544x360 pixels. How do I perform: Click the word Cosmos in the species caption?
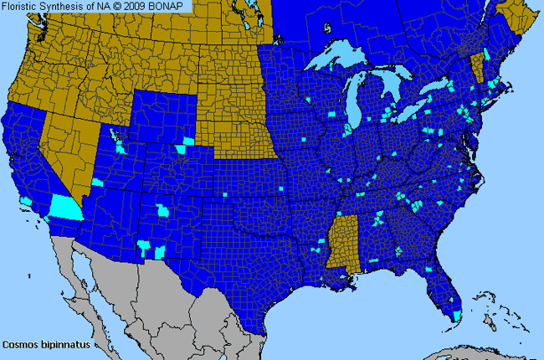click(19, 343)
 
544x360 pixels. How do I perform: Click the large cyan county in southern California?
click(65, 206)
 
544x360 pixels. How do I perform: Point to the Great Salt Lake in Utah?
click(121, 138)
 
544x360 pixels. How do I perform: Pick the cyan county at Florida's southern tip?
click(456, 315)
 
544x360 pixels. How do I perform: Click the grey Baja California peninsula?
click(84, 276)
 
